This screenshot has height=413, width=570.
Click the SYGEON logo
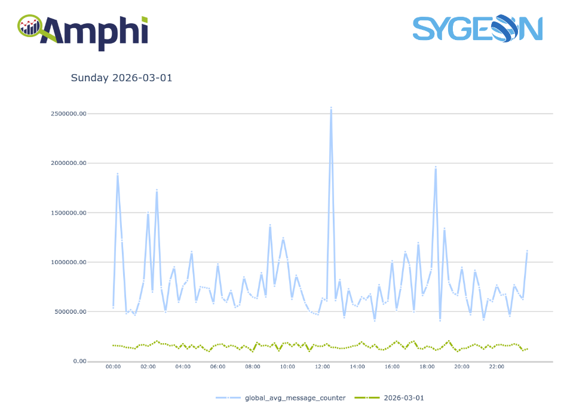pos(477,29)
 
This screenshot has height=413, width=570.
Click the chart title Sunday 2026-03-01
pos(121,78)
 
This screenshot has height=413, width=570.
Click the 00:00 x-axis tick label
pos(113,367)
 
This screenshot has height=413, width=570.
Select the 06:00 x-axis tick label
pos(217,367)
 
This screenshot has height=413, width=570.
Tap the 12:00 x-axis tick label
pos(323,367)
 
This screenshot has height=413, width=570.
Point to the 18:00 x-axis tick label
pos(427,367)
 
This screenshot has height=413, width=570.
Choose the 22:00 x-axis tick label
pos(497,367)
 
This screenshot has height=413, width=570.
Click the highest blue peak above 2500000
pos(331,108)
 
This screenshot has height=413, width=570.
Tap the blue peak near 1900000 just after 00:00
pos(117,173)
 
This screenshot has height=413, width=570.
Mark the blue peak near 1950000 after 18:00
pos(436,167)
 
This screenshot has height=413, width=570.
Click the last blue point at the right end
pos(527,251)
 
